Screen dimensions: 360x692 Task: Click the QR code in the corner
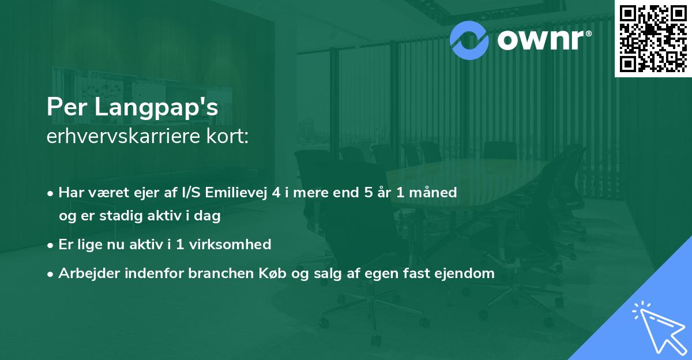click(653, 38)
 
